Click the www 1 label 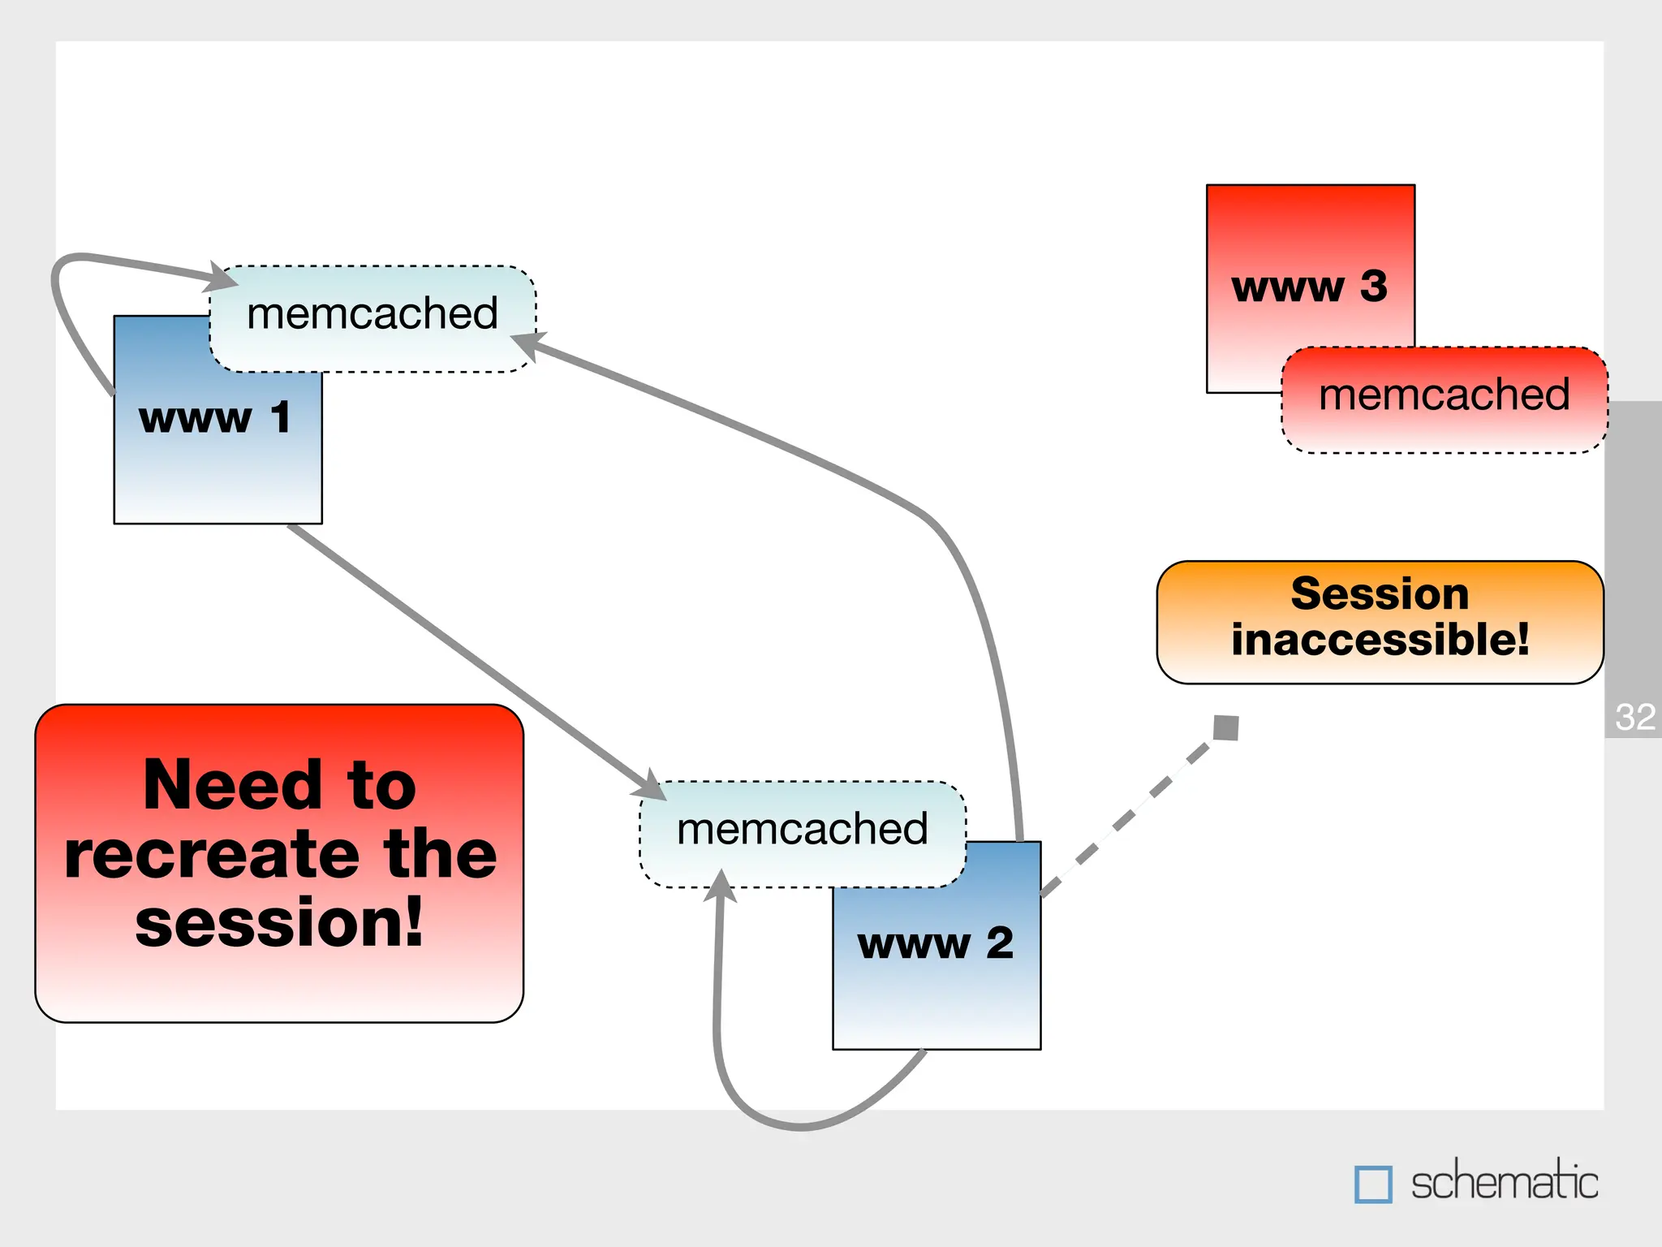[215, 419]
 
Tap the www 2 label [936, 943]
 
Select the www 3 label [1309, 287]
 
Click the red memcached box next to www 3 [1444, 398]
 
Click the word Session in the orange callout [1380, 594]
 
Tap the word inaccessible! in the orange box [1380, 640]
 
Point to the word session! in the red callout [280, 923]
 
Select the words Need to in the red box [280, 785]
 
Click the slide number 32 [1634, 718]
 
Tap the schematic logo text [1504, 1183]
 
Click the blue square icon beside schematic [1373, 1184]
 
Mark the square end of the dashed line [1225, 727]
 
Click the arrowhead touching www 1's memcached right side [527, 343]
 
